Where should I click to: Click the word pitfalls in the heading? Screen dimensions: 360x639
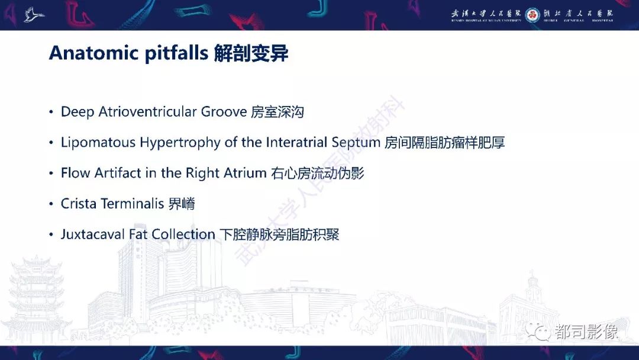tap(177, 53)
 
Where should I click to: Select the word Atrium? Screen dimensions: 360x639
tap(244, 173)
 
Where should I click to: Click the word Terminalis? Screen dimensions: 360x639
tap(133, 204)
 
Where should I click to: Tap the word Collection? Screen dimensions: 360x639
tap(183, 234)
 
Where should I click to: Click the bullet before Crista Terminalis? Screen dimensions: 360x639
tap(51, 204)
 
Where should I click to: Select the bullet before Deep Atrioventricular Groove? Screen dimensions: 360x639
tap(51, 112)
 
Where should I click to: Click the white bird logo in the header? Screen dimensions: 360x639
tap(34, 15)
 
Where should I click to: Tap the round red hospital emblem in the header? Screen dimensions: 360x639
tap(532, 15)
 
